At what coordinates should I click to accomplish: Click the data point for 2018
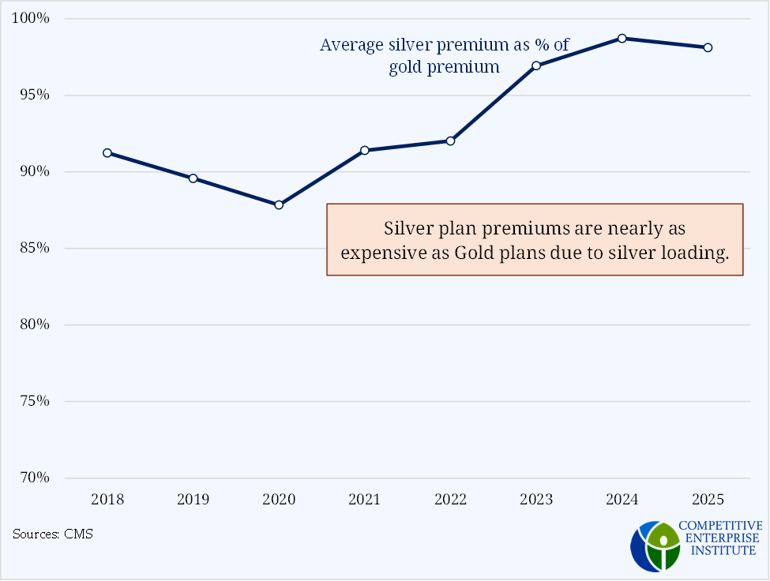(x=107, y=153)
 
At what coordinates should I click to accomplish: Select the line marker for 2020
(x=279, y=204)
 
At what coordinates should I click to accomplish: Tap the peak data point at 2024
(x=622, y=38)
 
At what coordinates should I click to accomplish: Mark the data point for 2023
(x=536, y=66)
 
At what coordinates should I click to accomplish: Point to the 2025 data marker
(x=708, y=47)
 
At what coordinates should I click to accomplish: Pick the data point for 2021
(x=365, y=150)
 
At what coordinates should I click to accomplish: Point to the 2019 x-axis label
(x=193, y=500)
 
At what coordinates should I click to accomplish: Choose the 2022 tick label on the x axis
(x=450, y=500)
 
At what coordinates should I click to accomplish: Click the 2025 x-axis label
(x=708, y=500)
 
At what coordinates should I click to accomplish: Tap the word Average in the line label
(x=350, y=45)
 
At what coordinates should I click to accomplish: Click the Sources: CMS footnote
(x=53, y=534)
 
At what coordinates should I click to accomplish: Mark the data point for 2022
(x=450, y=141)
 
